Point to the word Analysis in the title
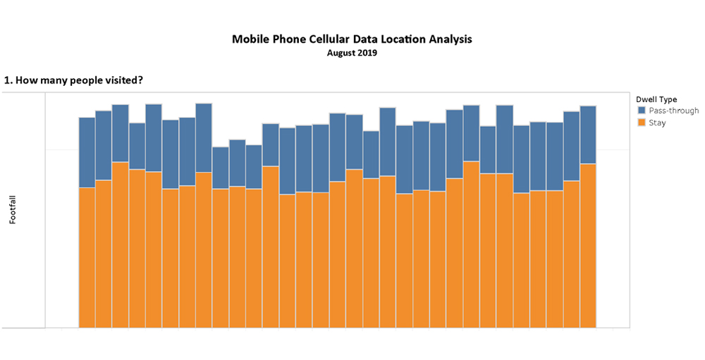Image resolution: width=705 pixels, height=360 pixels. [x=449, y=39]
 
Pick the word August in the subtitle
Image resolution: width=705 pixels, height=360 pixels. [x=341, y=53]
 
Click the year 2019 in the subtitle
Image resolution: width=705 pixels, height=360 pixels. [x=367, y=53]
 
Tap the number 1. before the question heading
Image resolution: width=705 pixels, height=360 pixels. [x=8, y=80]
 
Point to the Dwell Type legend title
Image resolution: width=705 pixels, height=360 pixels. [x=656, y=99]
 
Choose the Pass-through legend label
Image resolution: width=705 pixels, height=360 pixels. [x=674, y=111]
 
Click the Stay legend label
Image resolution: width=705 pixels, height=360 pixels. [x=657, y=123]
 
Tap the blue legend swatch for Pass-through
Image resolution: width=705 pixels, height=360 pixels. [x=642, y=111]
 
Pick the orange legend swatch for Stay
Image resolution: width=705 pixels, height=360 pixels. [x=642, y=123]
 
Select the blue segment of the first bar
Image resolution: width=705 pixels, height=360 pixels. [x=87, y=152]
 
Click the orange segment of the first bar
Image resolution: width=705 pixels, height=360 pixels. [x=87, y=257]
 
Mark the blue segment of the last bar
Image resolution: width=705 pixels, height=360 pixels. [x=588, y=135]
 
